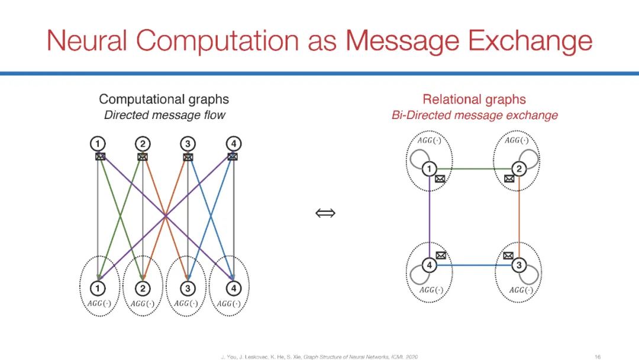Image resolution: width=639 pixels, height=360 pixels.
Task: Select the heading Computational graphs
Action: pos(164,99)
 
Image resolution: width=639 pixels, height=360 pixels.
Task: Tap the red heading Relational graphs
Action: pos(474,99)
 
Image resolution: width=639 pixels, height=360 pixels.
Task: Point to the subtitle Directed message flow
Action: pos(164,115)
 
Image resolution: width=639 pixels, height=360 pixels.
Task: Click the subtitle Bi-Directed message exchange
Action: pos(474,115)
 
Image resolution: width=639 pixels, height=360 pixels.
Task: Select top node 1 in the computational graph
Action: pos(98,143)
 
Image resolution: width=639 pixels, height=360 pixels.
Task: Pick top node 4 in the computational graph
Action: pos(234,143)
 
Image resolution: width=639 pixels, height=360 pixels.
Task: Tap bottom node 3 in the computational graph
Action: pos(188,288)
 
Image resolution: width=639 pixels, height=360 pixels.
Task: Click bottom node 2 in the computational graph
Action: pos(143,288)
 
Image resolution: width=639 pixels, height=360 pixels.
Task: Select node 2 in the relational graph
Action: pos(519,169)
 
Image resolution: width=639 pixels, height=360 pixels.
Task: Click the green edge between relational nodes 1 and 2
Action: pos(474,169)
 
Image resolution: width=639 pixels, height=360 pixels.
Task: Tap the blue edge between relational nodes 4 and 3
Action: pos(474,265)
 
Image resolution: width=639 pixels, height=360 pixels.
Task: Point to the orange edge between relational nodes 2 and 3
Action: pos(519,217)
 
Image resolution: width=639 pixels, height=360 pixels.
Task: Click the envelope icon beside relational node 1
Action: pos(440,179)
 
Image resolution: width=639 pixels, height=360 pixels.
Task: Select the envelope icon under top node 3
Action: pos(188,157)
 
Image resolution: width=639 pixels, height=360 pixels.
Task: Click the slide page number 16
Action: pos(598,356)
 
